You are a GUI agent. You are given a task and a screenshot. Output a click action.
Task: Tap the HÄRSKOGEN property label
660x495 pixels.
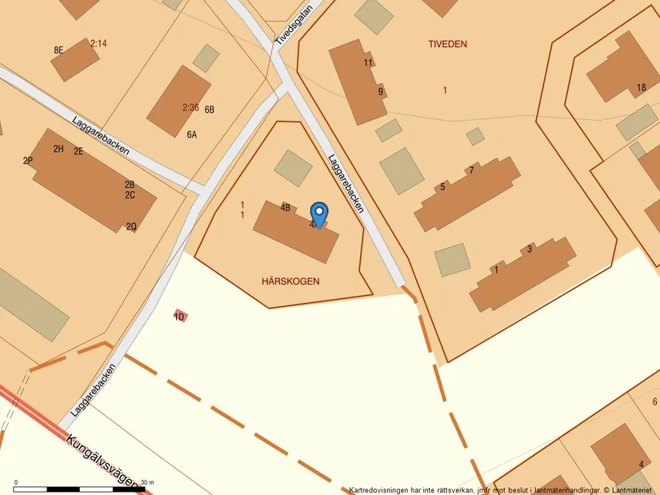(290, 281)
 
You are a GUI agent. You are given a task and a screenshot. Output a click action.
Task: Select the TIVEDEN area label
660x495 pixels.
(447, 44)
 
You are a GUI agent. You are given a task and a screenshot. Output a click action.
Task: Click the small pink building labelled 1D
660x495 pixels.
(180, 317)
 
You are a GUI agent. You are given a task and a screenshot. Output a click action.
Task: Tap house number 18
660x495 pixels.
(641, 88)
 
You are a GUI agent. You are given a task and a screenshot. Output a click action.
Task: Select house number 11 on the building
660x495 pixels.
(368, 62)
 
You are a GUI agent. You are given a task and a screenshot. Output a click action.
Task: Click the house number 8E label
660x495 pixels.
(58, 50)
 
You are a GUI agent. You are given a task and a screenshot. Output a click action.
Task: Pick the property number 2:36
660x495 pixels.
(190, 107)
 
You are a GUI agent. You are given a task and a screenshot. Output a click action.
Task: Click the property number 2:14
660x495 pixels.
(98, 44)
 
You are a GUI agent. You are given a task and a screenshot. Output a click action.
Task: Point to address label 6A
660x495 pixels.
(192, 135)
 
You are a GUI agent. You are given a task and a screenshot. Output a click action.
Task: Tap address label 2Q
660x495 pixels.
(131, 226)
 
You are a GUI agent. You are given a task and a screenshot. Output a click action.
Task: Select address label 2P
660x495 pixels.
(28, 161)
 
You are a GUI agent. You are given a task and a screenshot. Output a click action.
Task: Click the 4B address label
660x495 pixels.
(286, 207)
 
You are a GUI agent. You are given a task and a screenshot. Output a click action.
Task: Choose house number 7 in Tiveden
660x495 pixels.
(471, 170)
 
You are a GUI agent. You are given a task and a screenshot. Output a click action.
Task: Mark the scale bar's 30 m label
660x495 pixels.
(147, 482)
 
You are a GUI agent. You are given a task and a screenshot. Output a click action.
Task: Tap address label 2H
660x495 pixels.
(58, 149)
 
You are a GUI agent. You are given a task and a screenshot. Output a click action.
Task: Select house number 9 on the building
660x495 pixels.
(381, 91)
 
